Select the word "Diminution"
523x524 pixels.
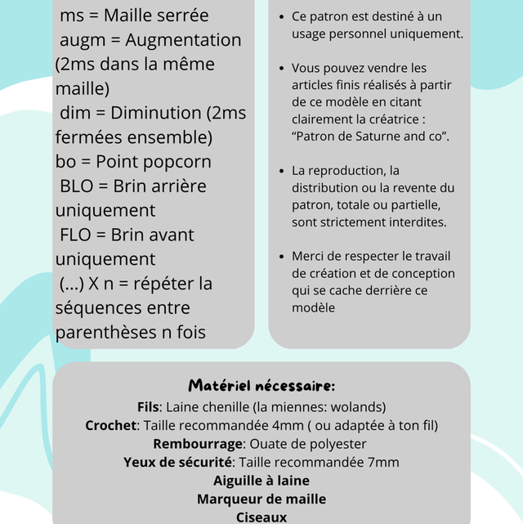click(155, 113)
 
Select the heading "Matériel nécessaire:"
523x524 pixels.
click(261, 385)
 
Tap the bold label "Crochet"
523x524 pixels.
click(112, 425)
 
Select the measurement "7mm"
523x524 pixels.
click(383, 462)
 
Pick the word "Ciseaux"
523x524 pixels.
click(261, 517)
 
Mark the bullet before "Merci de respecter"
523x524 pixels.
click(282, 256)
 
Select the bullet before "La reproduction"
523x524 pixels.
click(282, 171)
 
